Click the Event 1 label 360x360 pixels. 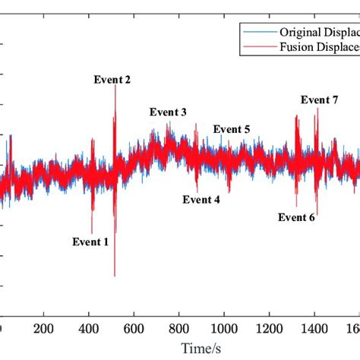tap(90, 242)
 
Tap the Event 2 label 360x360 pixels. tap(112, 80)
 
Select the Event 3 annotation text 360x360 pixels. tap(168, 112)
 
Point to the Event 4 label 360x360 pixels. tap(201, 200)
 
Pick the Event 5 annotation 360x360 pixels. tap(232, 129)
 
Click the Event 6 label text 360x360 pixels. tap(296, 217)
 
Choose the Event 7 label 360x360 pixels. tap(320, 100)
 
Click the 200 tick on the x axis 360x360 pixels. tap(44, 329)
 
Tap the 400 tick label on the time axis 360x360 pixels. tap(89, 329)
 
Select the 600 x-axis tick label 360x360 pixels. tap(134, 329)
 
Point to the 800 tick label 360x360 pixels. tap(178, 329)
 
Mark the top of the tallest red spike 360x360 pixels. tap(115, 84)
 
